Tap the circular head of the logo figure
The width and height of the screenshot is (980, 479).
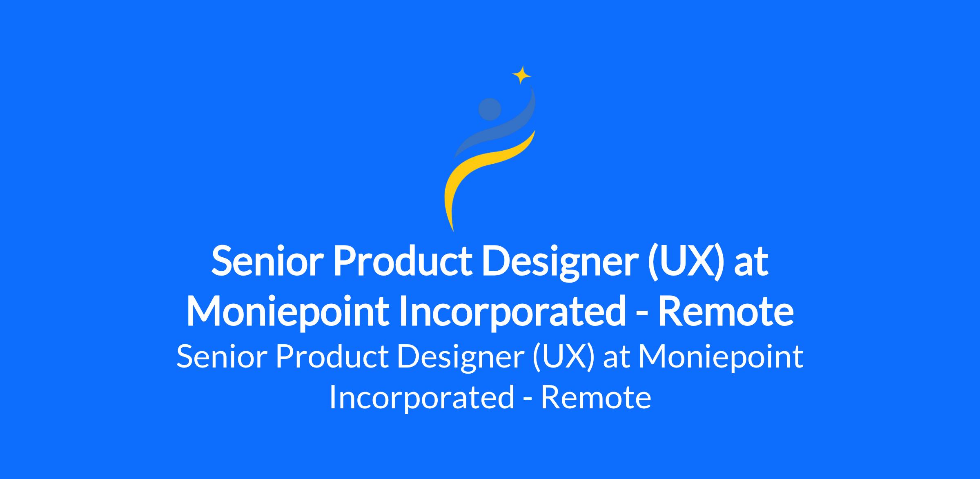pyautogui.click(x=490, y=109)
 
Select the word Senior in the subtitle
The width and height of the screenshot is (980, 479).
pyautogui.click(x=221, y=356)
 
